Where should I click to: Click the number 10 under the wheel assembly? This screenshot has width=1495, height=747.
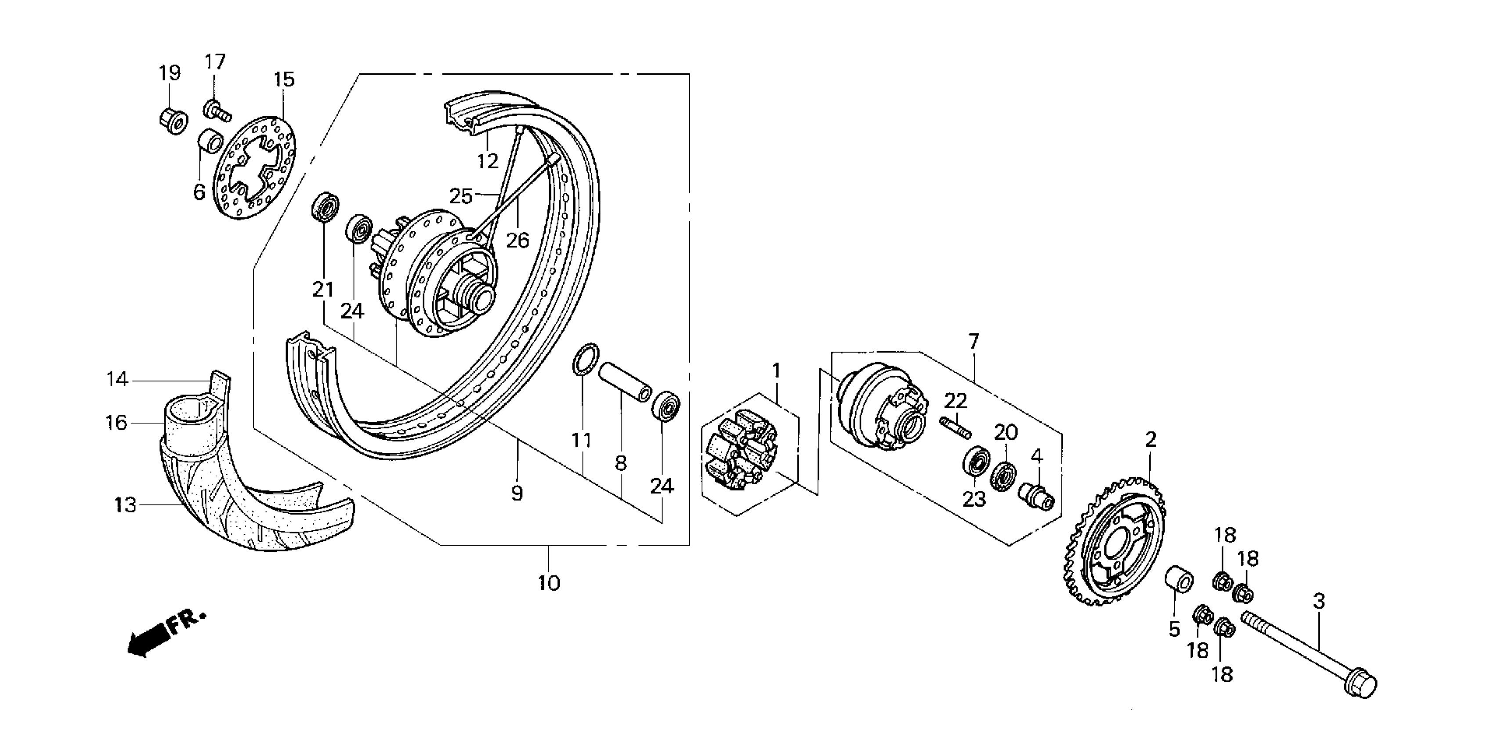[548, 583]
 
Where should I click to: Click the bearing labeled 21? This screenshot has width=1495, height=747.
[325, 206]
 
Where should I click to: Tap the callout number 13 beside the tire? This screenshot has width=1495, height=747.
[125, 505]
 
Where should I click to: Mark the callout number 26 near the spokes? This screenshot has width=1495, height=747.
[518, 240]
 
